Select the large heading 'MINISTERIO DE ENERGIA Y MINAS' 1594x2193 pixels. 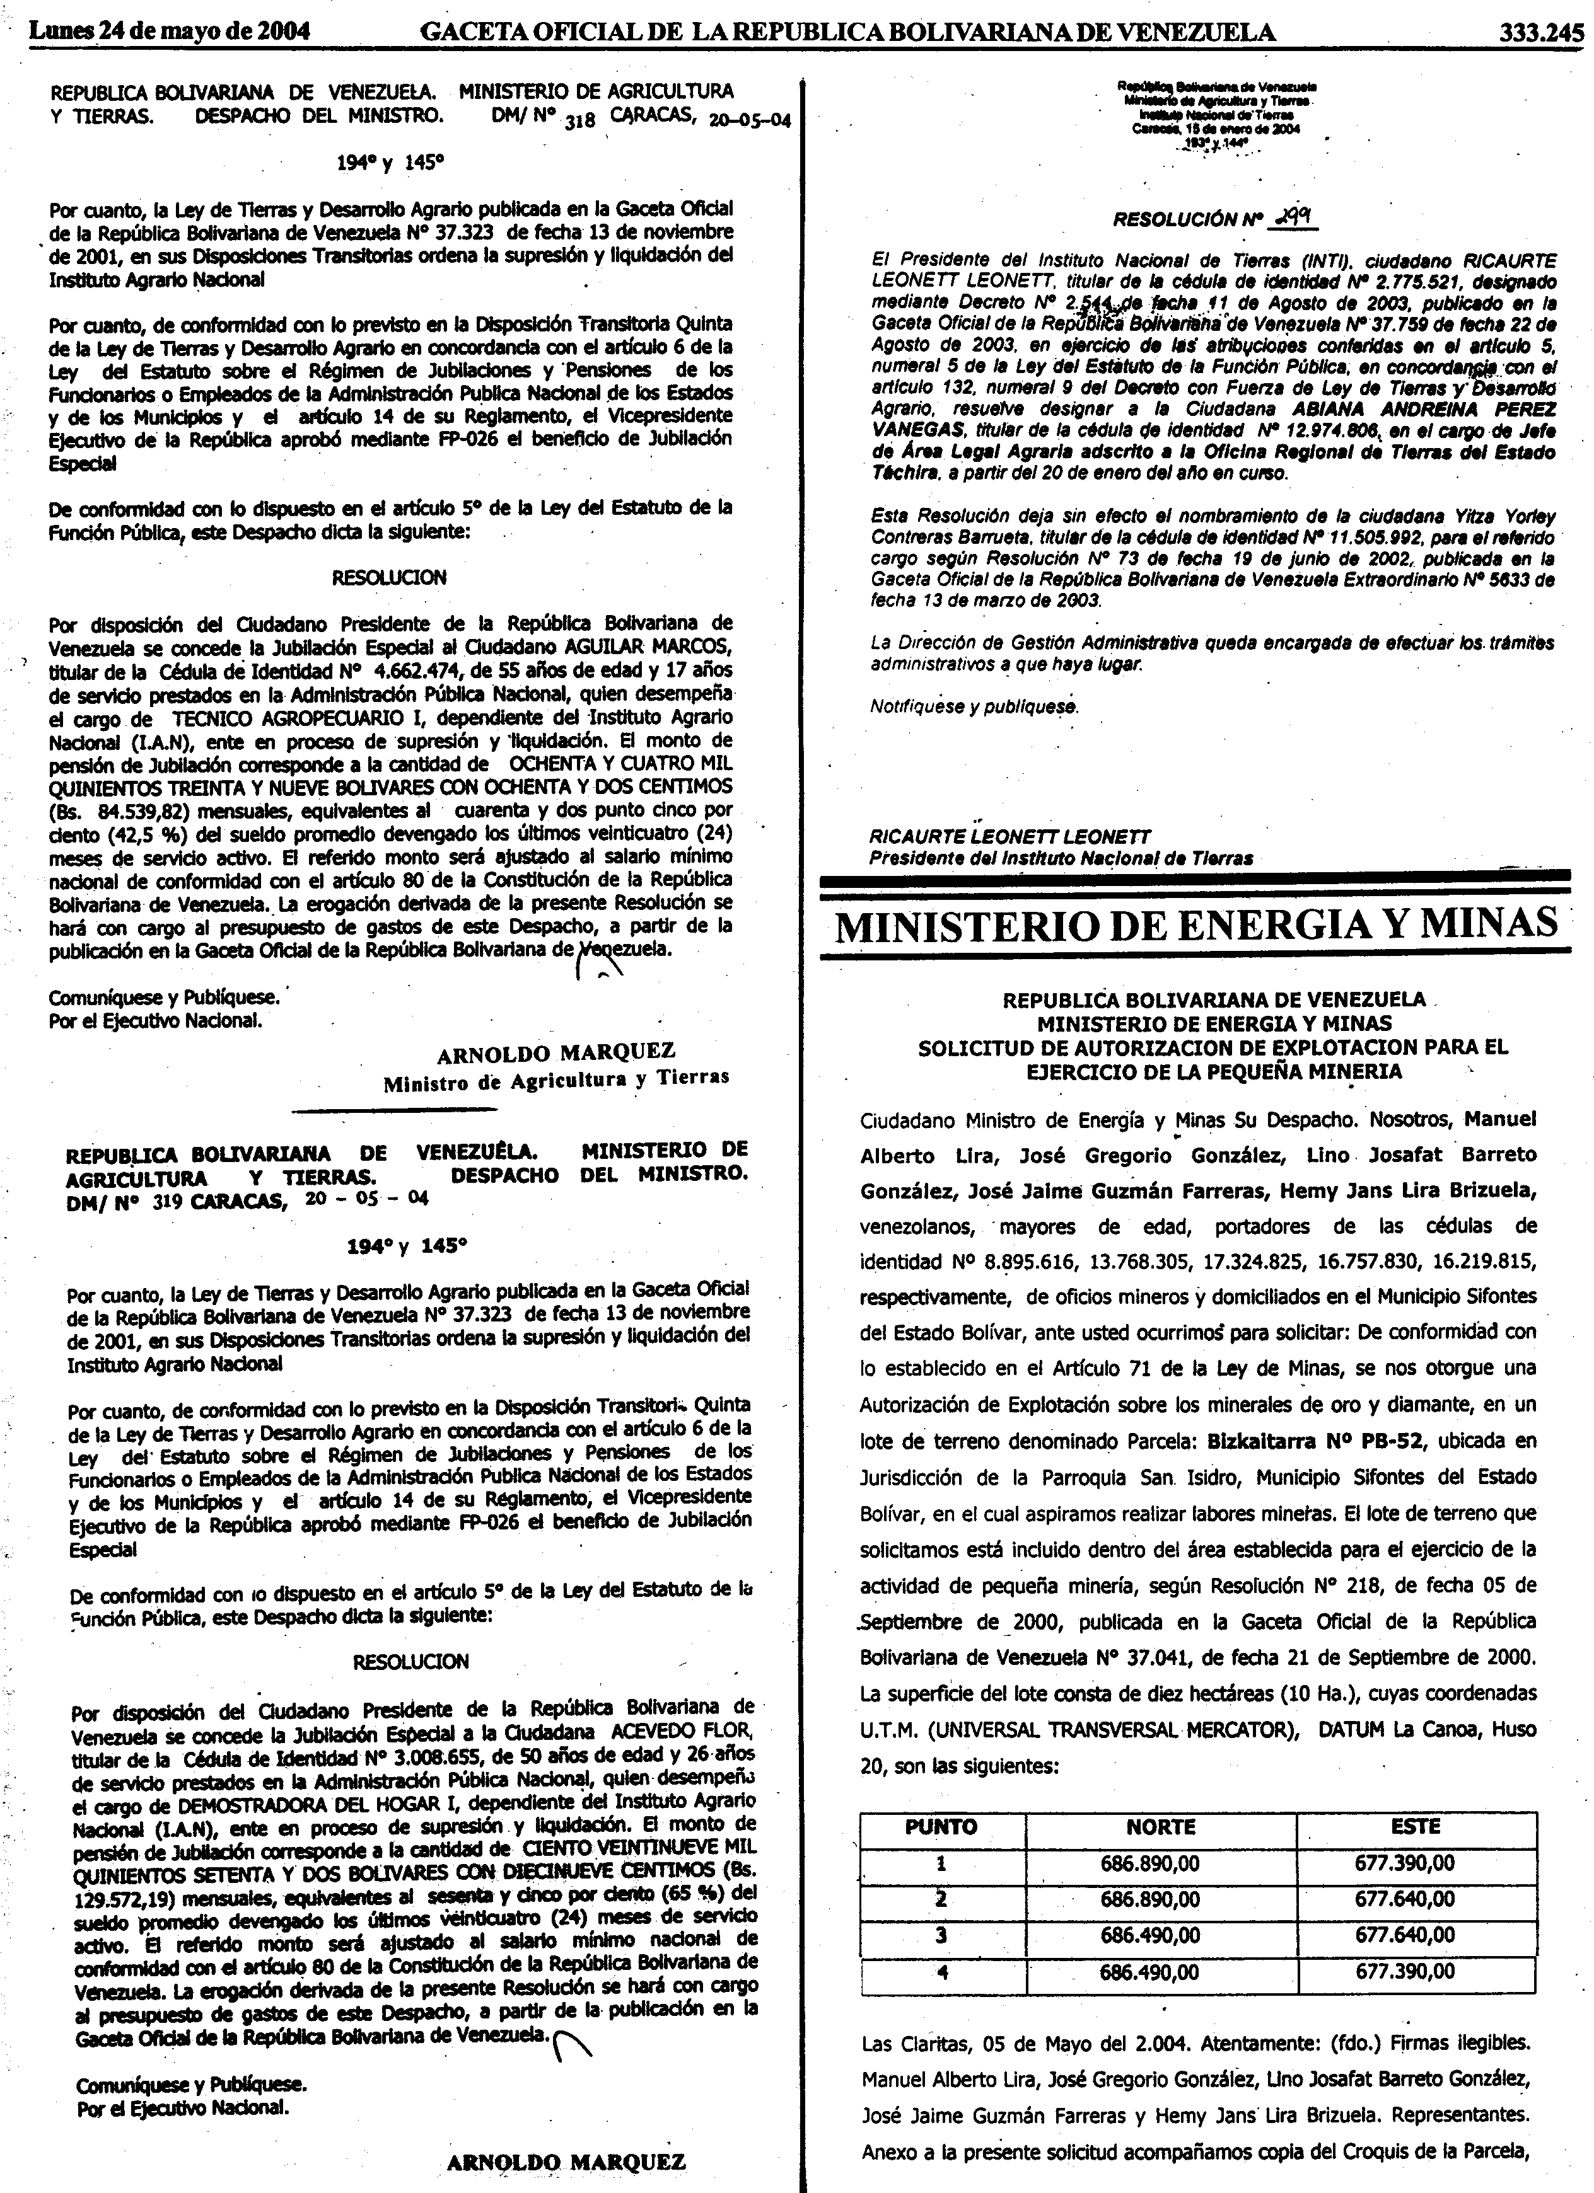click(1197, 925)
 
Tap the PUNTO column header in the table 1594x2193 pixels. click(941, 1826)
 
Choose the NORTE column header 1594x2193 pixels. click(1161, 1826)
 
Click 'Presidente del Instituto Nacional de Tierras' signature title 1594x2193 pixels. click(1061, 858)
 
